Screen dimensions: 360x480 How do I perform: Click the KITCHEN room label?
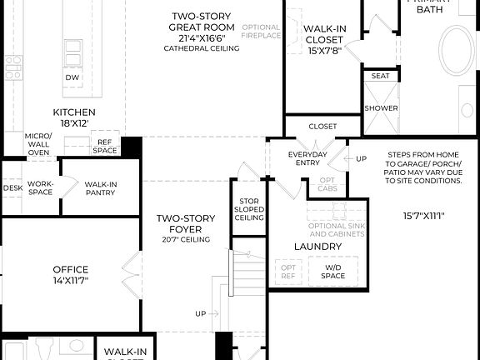point(74,117)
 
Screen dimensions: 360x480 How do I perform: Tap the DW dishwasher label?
point(72,77)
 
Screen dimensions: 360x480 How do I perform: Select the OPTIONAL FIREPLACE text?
point(261,32)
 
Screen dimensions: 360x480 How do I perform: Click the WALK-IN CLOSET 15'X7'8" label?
point(325,38)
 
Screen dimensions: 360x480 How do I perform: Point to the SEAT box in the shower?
point(380,76)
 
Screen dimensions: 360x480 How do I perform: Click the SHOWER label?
point(380,108)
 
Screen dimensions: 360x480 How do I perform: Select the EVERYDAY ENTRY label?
point(307,159)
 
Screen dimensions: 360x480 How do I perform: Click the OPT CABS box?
point(328,184)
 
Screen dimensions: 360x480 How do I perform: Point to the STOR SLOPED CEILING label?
point(248,208)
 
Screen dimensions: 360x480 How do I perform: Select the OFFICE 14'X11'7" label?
point(70,274)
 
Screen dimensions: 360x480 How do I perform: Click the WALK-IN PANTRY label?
point(101,188)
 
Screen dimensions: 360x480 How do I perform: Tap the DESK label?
point(12,188)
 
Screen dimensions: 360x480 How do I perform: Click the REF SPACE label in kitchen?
point(105,147)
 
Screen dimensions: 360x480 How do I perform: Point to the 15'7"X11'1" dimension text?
point(423,216)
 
